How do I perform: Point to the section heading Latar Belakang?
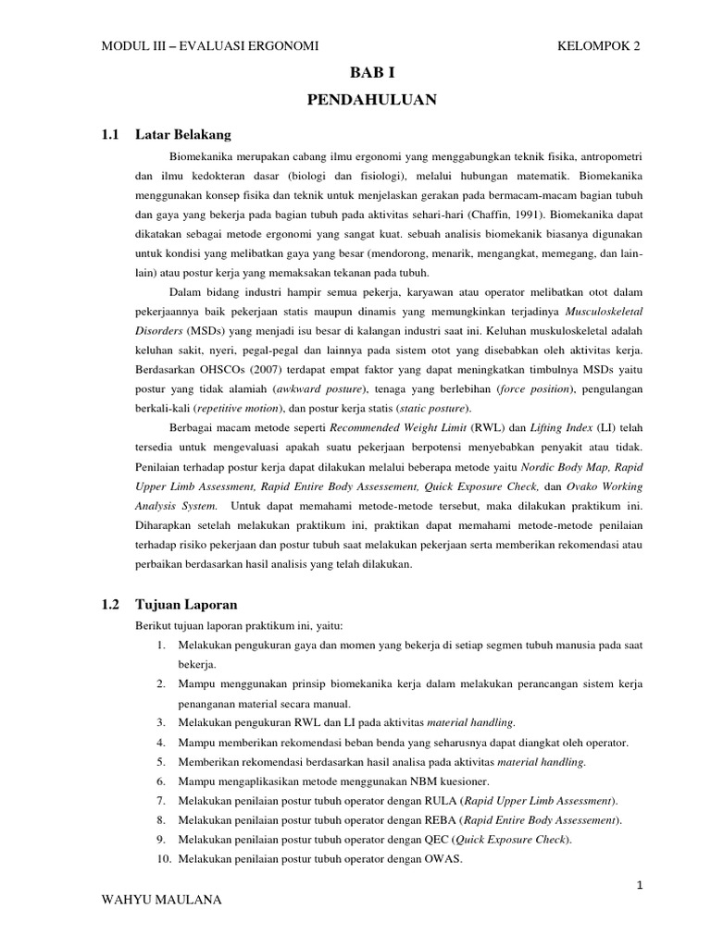tap(182, 134)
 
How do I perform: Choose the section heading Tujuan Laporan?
tap(185, 605)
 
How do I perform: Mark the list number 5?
tap(160, 762)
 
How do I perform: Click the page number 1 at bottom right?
tap(639, 886)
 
